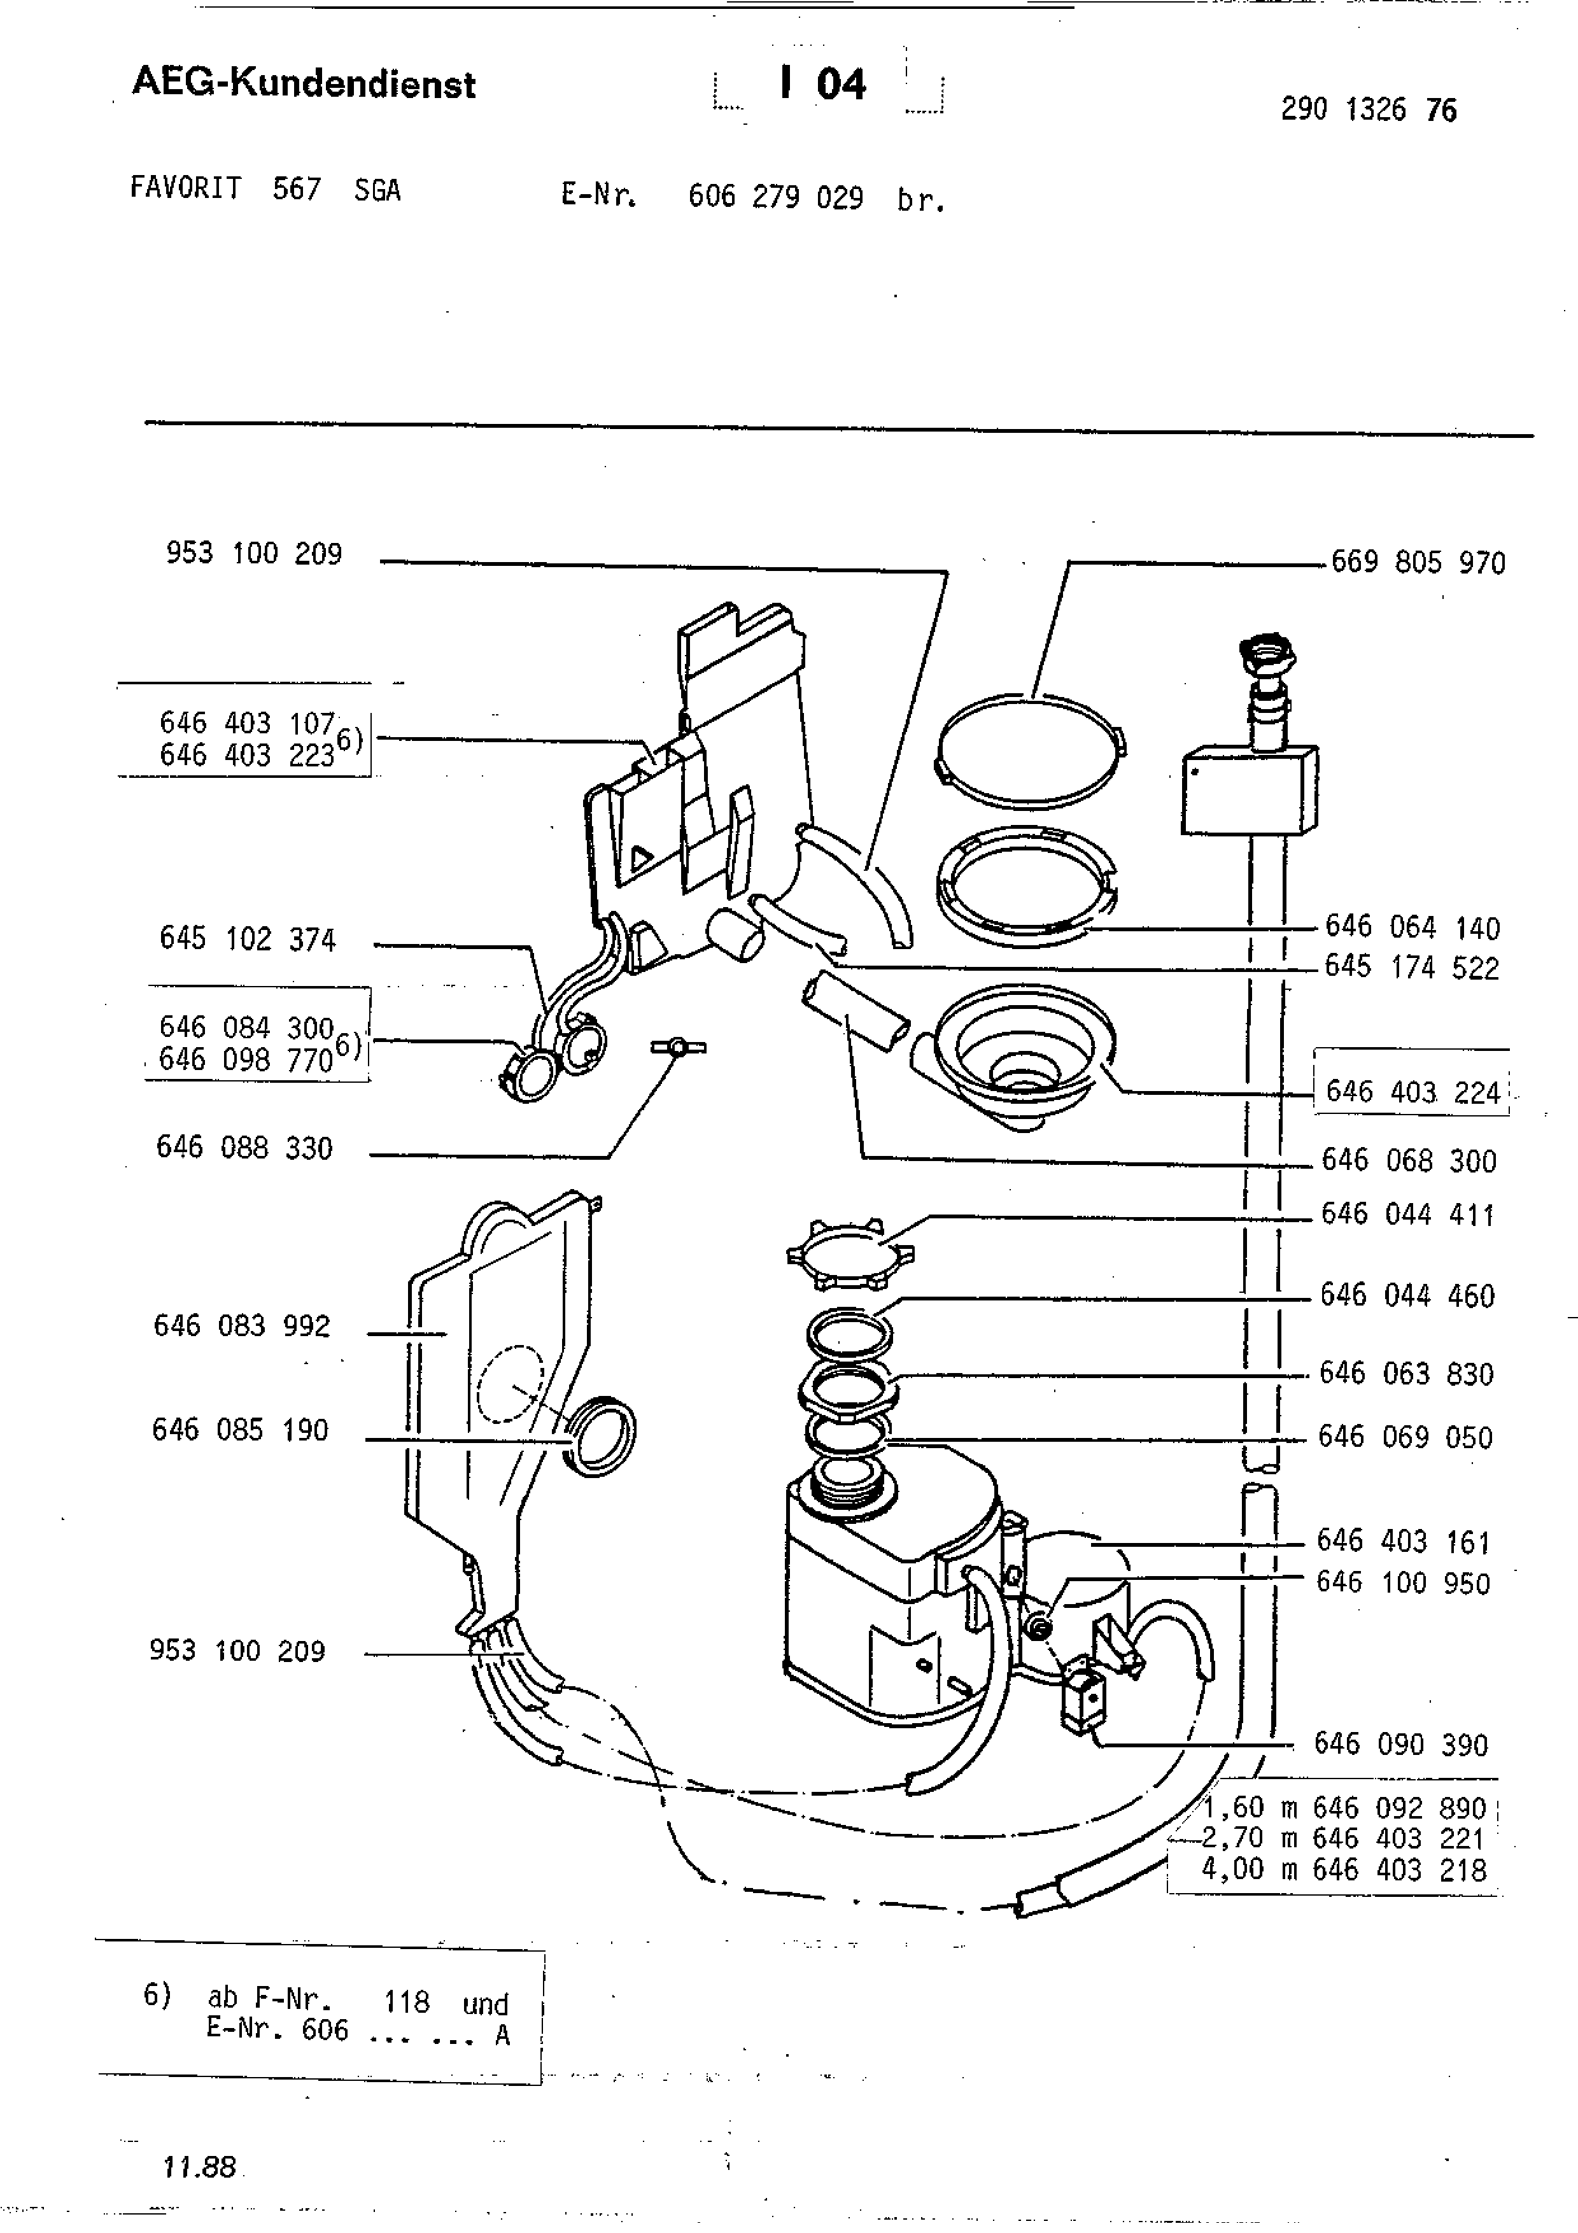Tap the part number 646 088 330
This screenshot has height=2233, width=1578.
(x=244, y=1148)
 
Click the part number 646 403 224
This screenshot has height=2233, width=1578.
(x=1412, y=1092)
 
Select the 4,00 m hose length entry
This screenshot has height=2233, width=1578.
(x=1344, y=1870)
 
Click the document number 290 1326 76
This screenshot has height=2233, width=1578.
(x=1369, y=110)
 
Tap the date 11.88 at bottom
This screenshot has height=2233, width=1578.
(x=201, y=2167)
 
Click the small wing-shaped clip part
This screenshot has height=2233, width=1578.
(x=679, y=1048)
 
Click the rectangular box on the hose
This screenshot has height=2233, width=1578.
(x=1250, y=790)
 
